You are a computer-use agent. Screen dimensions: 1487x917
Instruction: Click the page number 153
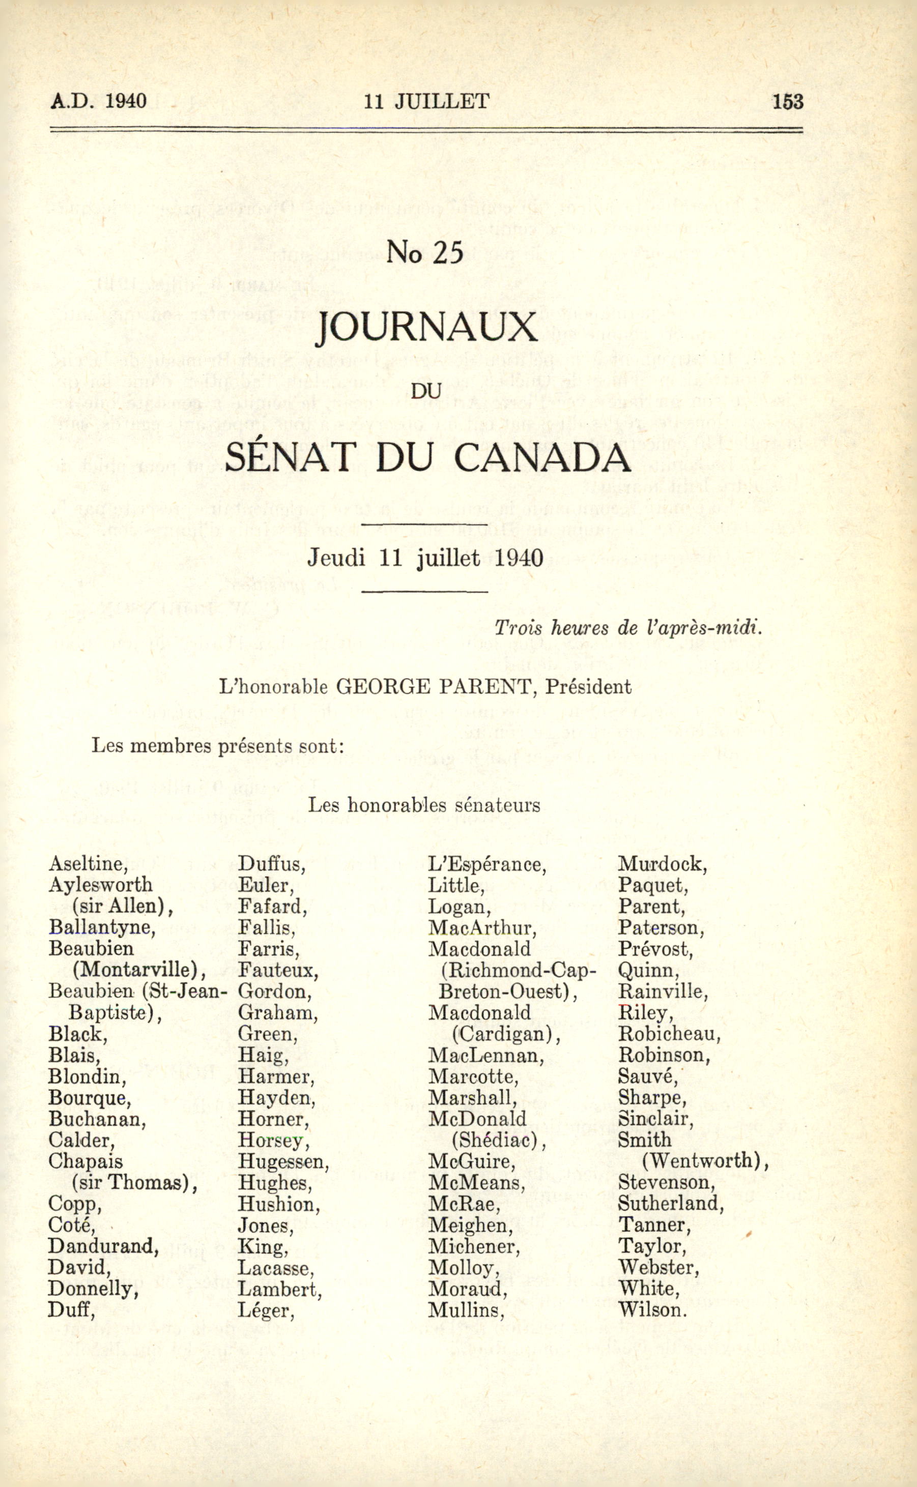click(x=787, y=101)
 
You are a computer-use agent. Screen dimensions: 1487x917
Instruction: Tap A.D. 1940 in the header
click(x=98, y=101)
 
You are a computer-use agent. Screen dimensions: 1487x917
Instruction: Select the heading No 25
click(x=424, y=253)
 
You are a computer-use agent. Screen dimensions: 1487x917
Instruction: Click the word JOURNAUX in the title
click(x=427, y=328)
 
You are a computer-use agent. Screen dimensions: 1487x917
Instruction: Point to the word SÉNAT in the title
click(x=289, y=458)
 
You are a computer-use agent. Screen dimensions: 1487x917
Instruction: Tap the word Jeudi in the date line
click(x=336, y=557)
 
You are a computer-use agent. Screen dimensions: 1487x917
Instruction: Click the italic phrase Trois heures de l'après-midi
click(x=628, y=628)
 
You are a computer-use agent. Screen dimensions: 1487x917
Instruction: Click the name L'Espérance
click(x=487, y=863)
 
